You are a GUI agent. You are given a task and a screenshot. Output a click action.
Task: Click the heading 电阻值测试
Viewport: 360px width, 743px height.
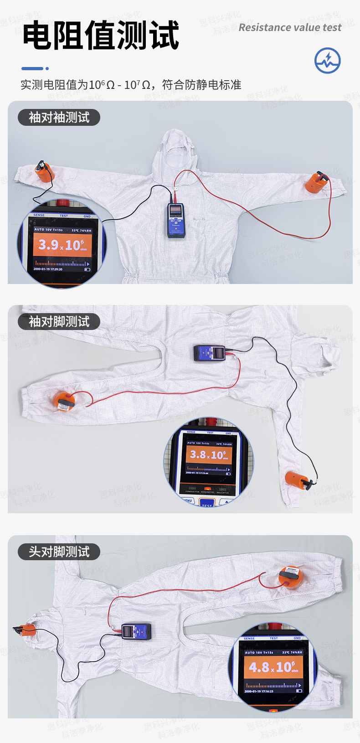pyautogui.click(x=101, y=35)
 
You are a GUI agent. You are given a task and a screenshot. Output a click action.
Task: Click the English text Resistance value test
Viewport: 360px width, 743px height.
pyautogui.click(x=290, y=28)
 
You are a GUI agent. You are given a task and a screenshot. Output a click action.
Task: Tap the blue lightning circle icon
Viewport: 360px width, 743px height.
pyautogui.click(x=327, y=60)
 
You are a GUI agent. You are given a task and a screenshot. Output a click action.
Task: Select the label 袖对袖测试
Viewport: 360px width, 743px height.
pyautogui.click(x=59, y=118)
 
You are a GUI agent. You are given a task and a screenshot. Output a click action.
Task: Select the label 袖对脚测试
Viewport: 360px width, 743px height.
pyautogui.click(x=59, y=322)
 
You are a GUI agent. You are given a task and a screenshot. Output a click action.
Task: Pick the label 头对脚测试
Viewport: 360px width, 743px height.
pyautogui.click(x=59, y=552)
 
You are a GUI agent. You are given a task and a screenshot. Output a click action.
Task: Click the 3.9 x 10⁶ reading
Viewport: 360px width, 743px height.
pyautogui.click(x=62, y=245)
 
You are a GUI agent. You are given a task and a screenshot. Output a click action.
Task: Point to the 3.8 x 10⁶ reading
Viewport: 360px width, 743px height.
pyautogui.click(x=208, y=454)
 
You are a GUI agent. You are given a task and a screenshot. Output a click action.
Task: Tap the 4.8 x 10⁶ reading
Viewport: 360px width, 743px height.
pyautogui.click(x=273, y=667)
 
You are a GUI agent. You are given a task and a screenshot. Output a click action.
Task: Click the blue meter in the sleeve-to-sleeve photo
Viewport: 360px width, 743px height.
pyautogui.click(x=175, y=221)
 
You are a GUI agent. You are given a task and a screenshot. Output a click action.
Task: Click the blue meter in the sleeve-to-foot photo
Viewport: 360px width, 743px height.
pyautogui.click(x=210, y=353)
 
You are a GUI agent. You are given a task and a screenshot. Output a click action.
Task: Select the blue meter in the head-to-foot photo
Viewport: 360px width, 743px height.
pyautogui.click(x=136, y=631)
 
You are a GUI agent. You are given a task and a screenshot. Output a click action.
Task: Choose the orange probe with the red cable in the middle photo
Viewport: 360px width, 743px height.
pyautogui.click(x=64, y=401)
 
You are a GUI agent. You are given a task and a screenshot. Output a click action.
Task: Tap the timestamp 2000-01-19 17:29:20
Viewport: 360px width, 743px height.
pyautogui.click(x=48, y=269)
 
